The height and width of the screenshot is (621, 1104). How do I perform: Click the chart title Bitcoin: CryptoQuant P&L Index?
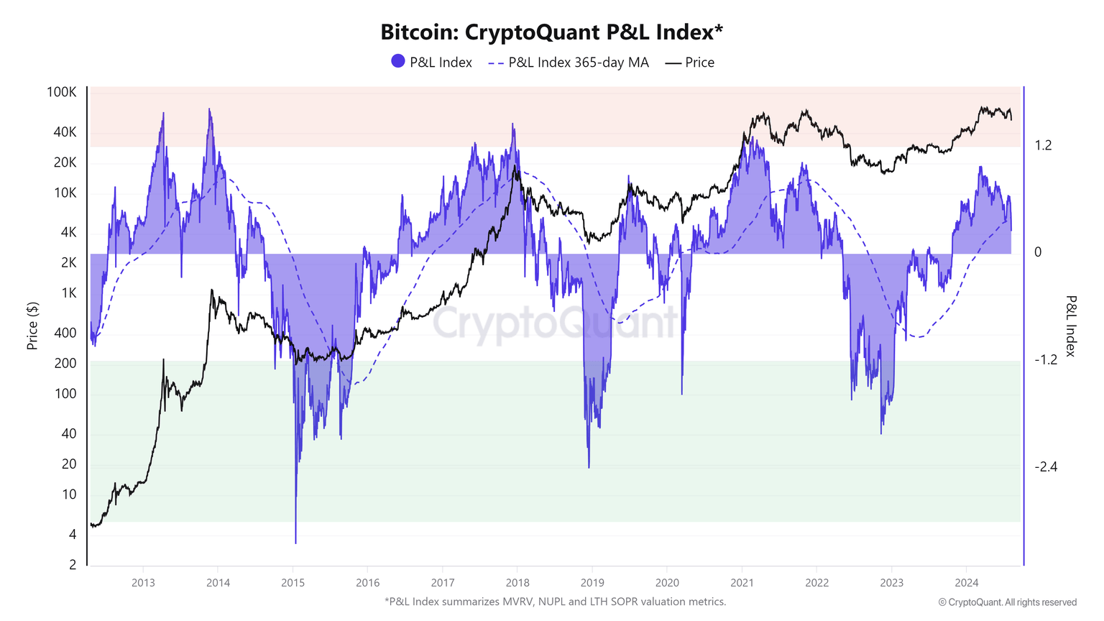pos(551,32)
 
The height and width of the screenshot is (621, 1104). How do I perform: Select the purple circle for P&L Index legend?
pos(398,62)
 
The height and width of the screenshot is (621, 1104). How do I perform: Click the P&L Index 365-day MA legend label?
pos(578,63)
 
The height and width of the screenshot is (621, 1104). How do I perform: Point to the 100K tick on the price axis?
pos(62,92)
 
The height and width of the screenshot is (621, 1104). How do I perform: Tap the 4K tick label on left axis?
pos(68,232)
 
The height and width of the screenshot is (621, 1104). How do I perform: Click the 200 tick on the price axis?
pos(65,363)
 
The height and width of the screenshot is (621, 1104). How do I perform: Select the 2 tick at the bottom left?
pos(73,564)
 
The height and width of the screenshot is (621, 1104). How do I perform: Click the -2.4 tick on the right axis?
pos(1046,467)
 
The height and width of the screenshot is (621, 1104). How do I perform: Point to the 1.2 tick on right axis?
pos(1043,145)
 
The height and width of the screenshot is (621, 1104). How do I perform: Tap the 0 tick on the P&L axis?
pos(1038,252)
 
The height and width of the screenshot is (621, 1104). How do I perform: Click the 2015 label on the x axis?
pos(293,582)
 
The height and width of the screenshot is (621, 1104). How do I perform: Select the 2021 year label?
pos(742,582)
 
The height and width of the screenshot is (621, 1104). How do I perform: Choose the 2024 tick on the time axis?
pos(967,582)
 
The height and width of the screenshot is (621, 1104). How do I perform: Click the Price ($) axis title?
pos(32,326)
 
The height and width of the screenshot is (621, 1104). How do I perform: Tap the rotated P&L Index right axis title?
pos(1070,326)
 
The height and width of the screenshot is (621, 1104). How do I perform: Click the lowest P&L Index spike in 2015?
pos(295,543)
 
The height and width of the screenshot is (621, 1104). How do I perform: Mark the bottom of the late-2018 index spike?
pos(589,467)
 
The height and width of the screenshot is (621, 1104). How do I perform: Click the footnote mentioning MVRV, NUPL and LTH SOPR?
pos(555,602)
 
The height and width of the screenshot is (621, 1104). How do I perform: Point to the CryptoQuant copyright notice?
pos(1007,602)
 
